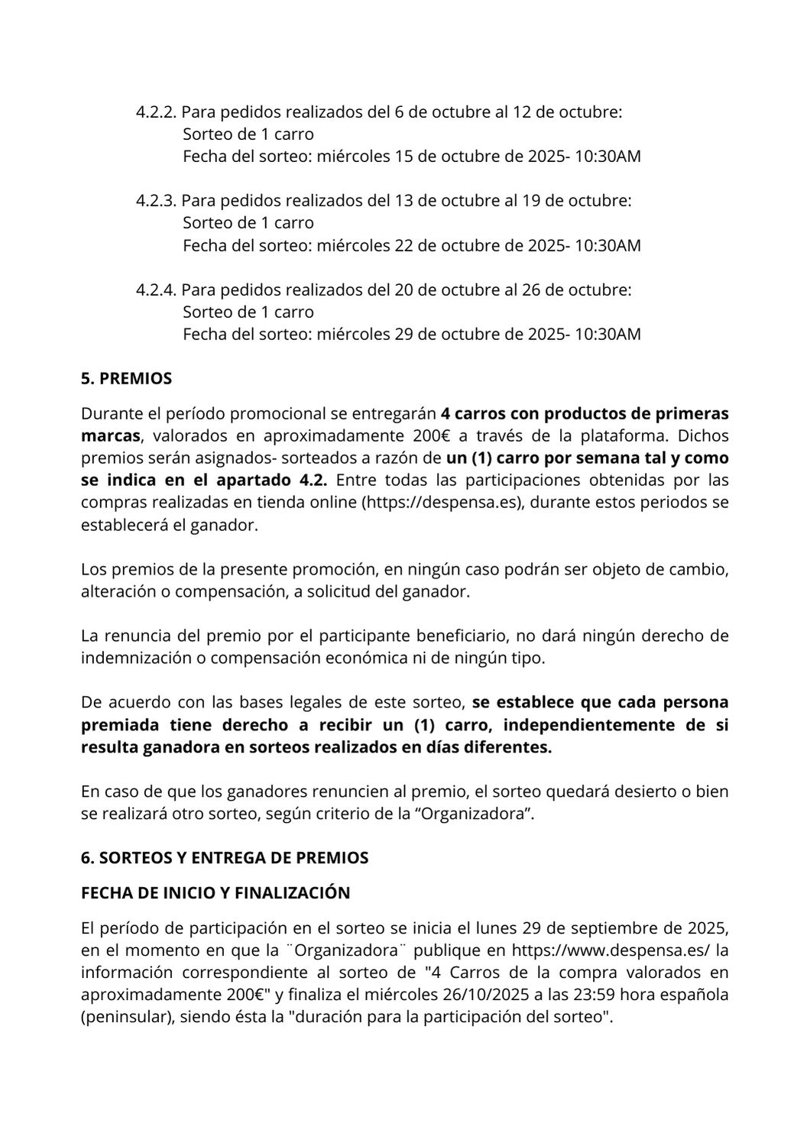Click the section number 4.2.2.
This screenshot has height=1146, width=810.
[157, 112]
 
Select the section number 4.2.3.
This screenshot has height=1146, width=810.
[157, 201]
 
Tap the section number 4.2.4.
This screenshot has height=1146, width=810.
[157, 290]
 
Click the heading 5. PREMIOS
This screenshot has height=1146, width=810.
[126, 379]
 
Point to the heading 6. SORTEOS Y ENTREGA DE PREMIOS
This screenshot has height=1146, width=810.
[225, 858]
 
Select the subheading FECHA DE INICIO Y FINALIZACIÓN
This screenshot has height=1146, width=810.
[215, 893]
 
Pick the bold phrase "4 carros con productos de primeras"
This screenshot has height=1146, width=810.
[585, 414]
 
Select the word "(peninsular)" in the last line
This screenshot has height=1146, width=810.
[127, 1018]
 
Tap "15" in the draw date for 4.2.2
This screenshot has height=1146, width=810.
[403, 157]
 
